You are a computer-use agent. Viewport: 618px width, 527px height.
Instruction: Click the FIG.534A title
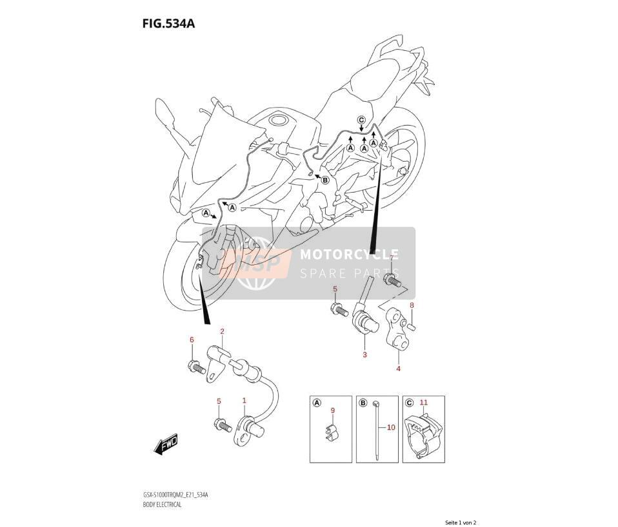coord(168,24)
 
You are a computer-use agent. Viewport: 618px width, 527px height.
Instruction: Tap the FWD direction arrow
coord(166,445)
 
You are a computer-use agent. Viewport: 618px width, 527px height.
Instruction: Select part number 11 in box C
coord(424,402)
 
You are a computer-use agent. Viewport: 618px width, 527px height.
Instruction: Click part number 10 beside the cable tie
coord(390,427)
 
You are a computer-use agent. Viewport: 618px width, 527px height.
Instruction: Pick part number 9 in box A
coord(333,410)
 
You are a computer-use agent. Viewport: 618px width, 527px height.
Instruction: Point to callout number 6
coord(192,340)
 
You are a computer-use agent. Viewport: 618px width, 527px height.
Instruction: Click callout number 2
coord(222,331)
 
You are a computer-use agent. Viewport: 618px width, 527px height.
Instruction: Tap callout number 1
coord(244,401)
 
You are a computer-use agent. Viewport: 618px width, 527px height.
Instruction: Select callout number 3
coord(364,354)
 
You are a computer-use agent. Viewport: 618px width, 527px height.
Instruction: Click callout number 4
coord(399,369)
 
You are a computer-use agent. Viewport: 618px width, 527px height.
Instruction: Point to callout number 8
coord(412,305)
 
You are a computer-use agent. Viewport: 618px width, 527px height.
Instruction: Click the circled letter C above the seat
coord(361,120)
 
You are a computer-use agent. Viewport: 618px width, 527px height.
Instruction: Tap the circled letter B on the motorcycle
coord(325,180)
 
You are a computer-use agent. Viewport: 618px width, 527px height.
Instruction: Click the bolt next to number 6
coord(197,367)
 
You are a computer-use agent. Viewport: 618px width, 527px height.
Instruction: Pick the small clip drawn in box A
coord(332,434)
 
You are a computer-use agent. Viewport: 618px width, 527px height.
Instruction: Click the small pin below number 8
coord(412,326)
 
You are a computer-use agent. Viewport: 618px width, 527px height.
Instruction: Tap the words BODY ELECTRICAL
coord(162,504)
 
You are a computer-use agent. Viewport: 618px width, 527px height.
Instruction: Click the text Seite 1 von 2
coord(461,522)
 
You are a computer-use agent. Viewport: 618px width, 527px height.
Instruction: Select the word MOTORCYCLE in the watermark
coord(349,254)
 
